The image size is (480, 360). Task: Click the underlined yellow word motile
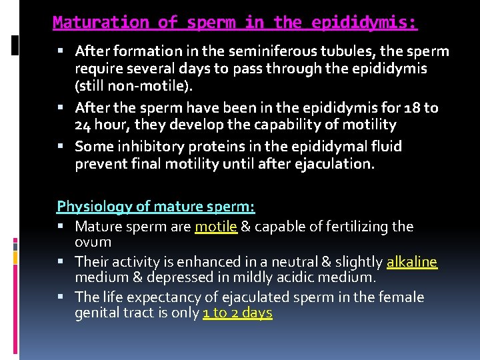pyautogui.click(x=216, y=227)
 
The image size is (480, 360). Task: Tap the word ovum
pyautogui.click(x=93, y=242)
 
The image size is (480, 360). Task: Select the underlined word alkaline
pyautogui.click(x=411, y=262)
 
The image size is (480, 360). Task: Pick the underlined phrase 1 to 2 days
pyautogui.click(x=237, y=313)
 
